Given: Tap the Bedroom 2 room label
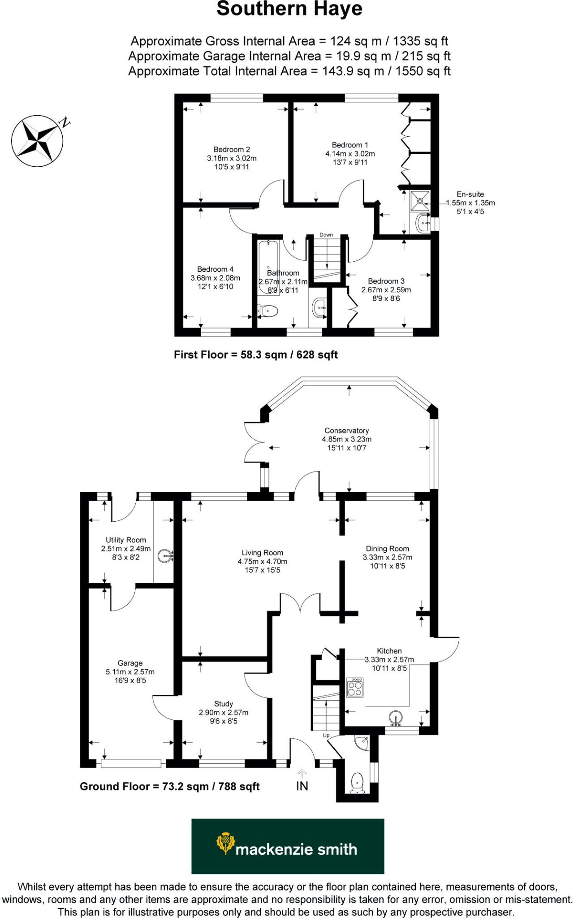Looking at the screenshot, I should coord(232,150).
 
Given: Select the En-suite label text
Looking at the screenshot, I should coord(470,194).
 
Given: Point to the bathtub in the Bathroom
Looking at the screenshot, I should coord(268,267).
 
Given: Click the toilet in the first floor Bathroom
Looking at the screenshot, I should coord(268,310).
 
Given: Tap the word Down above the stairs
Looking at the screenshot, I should coord(326,235).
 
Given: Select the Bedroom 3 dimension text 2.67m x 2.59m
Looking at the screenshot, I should coord(386,290).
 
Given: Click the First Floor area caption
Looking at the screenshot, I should coord(255,355).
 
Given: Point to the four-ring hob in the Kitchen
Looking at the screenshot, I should coord(355,687).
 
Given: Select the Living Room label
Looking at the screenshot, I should coord(262,553).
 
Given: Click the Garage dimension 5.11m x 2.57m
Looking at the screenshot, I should coord(130,671).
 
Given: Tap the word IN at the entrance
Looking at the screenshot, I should coord(302,786).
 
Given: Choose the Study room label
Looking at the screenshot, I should coord(223,704).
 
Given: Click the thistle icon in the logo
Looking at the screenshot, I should coord(225,843).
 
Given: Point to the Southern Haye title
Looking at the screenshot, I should coord(289,9).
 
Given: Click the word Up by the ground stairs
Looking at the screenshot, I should coord(326,736).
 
